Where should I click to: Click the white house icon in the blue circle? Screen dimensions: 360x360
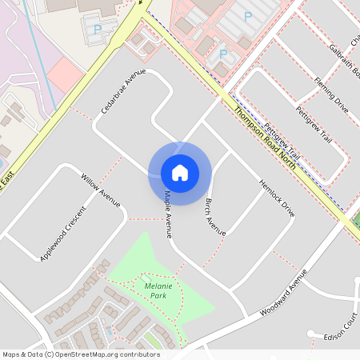[x=180, y=173]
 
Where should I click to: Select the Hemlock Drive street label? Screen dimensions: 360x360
[x=277, y=198]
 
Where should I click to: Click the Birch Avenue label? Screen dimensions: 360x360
[x=215, y=216]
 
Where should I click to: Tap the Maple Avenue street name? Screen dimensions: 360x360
[x=168, y=213]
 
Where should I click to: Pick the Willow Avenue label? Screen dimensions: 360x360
[x=100, y=188]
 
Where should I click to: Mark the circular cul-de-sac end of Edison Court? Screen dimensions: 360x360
[x=309, y=334]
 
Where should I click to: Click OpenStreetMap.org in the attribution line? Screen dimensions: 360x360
[x=86, y=354]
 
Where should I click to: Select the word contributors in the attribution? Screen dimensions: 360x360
[x=138, y=354]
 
